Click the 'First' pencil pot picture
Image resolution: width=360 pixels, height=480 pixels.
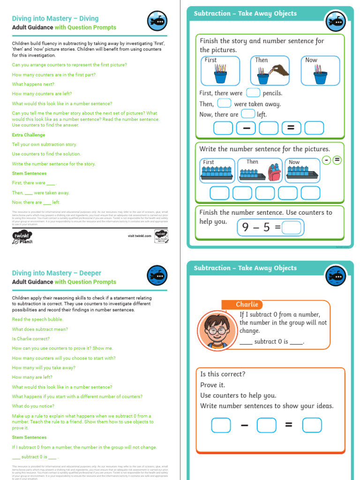point(220,71)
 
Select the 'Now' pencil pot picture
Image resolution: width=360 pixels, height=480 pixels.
point(320,71)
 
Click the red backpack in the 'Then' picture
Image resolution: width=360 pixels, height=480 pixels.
point(274,173)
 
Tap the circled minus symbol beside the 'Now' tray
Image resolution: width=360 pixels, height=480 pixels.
point(326,160)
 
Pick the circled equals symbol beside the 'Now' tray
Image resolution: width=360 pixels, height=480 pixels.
point(337,160)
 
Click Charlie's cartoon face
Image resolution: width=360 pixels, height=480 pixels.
point(213,330)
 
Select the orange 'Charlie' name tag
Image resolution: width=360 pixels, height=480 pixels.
point(247,305)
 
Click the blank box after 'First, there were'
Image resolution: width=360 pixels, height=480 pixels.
point(253,93)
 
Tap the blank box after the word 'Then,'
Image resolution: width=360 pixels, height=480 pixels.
point(224,104)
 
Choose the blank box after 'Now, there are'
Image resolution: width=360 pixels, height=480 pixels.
point(248,114)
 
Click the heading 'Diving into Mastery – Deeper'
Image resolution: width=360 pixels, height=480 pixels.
point(56,273)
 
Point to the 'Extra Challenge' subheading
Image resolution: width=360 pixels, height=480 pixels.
point(29,135)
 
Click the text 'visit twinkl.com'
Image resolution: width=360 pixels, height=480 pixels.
point(139,236)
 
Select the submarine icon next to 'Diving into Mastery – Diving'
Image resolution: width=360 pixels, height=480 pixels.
point(157,20)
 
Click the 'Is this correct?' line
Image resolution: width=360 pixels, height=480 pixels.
point(223,374)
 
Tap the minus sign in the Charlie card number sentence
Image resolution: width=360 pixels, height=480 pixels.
point(244,425)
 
